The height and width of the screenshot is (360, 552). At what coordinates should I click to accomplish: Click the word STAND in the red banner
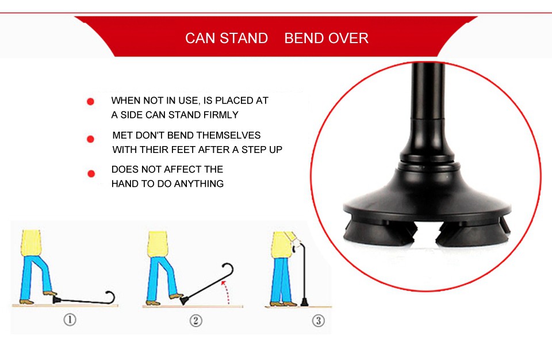(x=244, y=38)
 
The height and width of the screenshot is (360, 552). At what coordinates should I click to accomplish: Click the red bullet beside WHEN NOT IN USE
(x=90, y=101)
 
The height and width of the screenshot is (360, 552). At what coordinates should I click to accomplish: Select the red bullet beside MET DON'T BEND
(x=90, y=139)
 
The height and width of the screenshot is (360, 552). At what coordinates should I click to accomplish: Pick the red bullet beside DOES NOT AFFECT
(x=91, y=173)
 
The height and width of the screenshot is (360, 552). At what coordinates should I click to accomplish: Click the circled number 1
(x=70, y=320)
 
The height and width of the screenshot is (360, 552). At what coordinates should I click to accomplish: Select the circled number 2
(x=195, y=320)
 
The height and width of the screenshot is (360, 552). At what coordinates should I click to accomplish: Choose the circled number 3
(x=318, y=320)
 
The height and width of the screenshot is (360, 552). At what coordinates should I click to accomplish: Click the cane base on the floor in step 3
(x=304, y=302)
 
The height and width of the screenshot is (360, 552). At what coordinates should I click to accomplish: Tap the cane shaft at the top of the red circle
(x=428, y=91)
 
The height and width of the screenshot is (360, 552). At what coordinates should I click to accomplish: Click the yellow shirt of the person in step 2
(x=158, y=244)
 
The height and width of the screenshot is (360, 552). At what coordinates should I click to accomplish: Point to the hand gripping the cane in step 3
(x=296, y=244)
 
